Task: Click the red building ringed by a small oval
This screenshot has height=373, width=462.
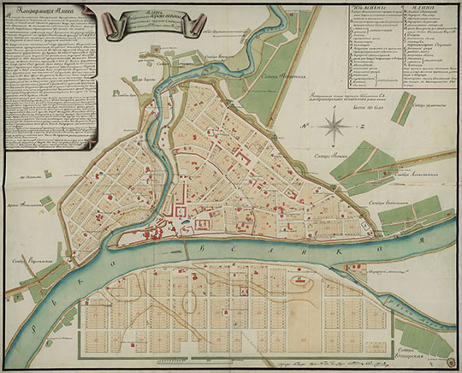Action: click(299, 280)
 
